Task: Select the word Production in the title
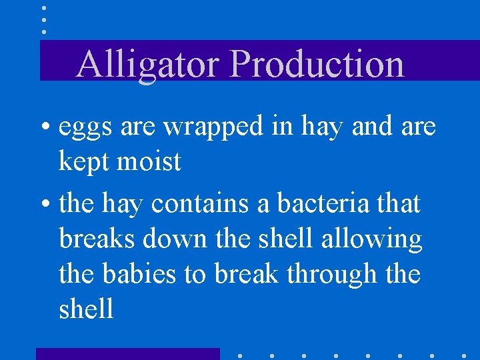tap(317, 65)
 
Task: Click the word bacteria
tap(319, 203)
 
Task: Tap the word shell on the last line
tap(86, 309)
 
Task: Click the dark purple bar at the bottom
tap(127, 353)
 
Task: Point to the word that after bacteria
tap(397, 203)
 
